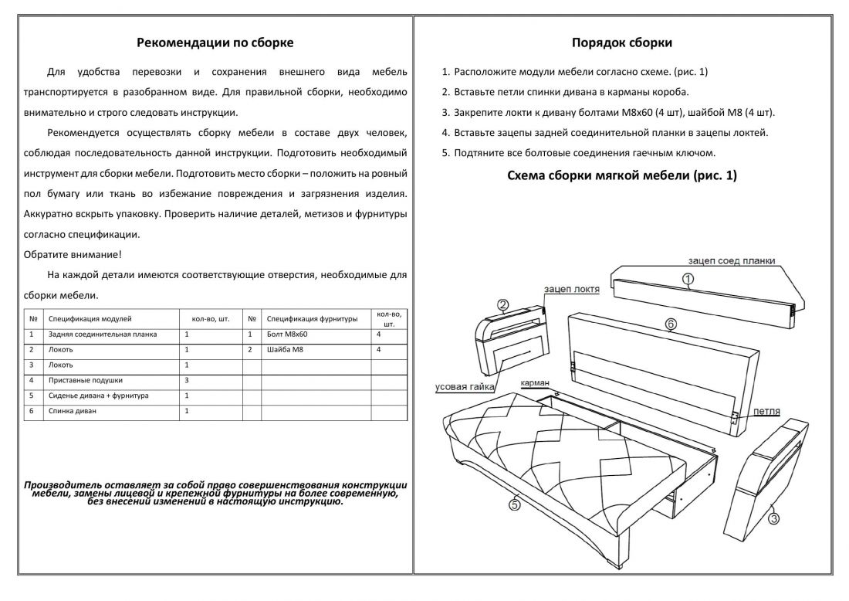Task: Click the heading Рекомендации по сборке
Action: [215, 42]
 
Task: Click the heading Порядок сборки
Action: [621, 42]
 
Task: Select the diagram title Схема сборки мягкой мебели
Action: [621, 176]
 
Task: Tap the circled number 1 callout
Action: [688, 279]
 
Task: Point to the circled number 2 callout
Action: [502, 304]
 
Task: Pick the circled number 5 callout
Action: [513, 505]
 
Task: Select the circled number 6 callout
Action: [670, 324]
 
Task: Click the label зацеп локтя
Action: [572, 289]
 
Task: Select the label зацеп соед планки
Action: [731, 261]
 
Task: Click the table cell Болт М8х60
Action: [287, 335]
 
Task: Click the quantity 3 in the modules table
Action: [188, 380]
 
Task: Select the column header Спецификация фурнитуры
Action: [312, 318]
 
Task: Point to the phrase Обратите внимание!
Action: [73, 254]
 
